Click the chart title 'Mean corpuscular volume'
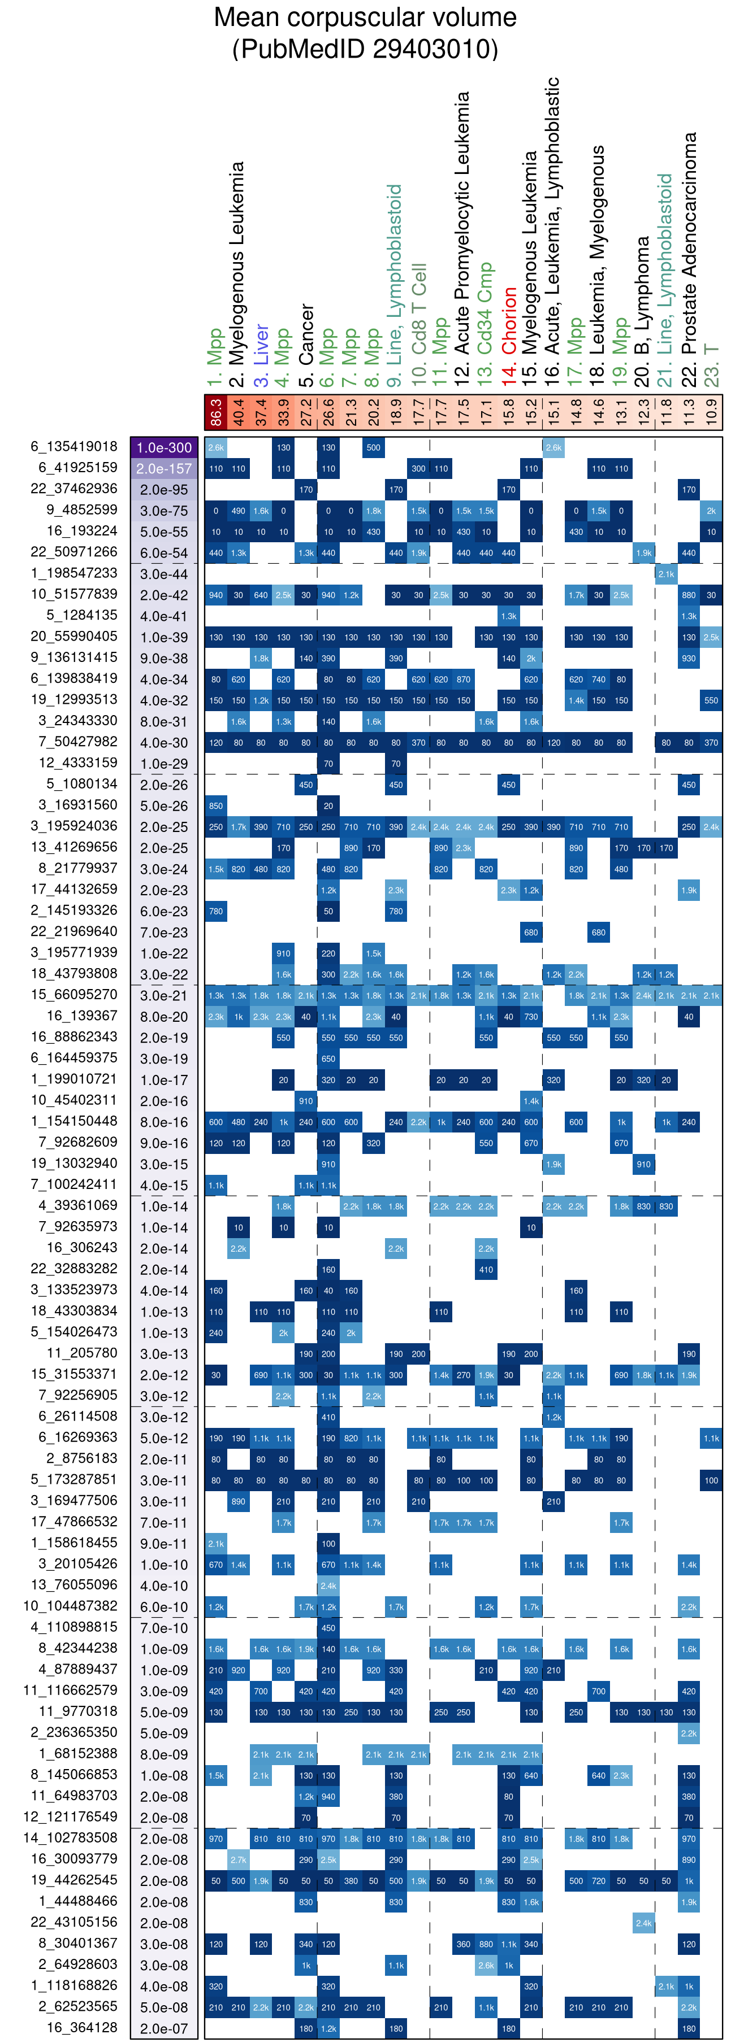click(x=365, y=18)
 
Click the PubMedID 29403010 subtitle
click(x=365, y=49)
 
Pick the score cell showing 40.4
click(x=238, y=412)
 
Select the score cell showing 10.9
click(x=711, y=412)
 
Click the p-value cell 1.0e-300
click(x=165, y=447)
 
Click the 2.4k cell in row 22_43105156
click(x=644, y=1923)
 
